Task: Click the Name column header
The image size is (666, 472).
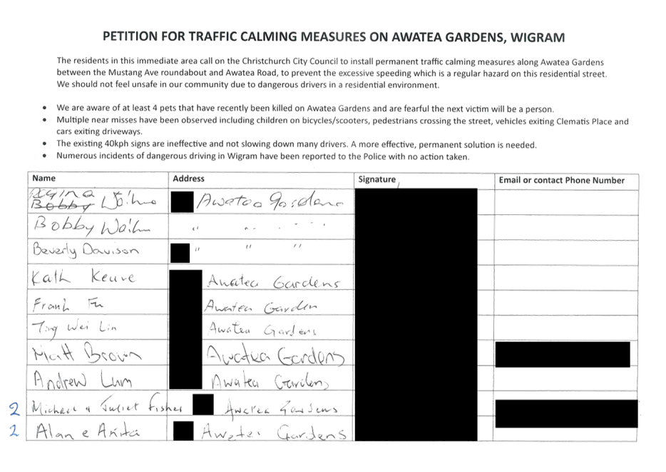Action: coord(43,177)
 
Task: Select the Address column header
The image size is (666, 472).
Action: coord(188,178)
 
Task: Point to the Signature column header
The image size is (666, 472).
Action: coord(376,180)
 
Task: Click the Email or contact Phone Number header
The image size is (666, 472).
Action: coord(562,180)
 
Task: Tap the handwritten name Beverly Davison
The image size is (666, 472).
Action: coord(85,251)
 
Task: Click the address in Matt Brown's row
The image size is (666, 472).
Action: coord(277,355)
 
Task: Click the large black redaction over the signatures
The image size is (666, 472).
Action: coord(415,314)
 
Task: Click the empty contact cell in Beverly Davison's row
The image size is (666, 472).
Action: coord(566,251)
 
